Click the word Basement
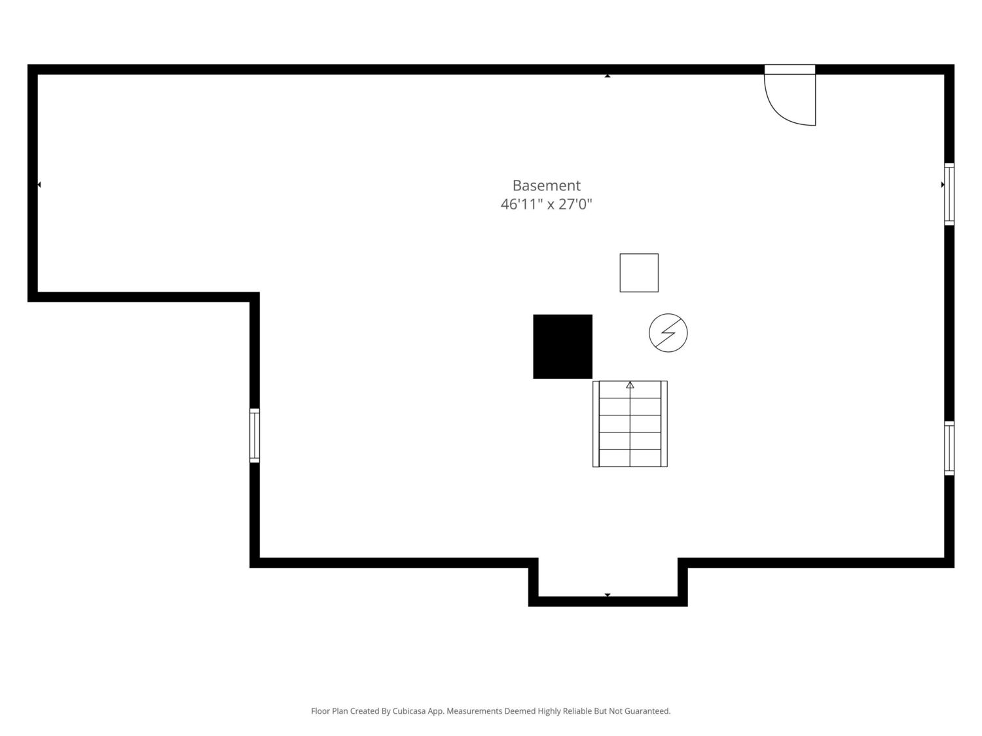[x=546, y=185]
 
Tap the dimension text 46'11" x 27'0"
[x=546, y=204]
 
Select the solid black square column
[x=562, y=346]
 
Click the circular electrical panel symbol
[x=668, y=332]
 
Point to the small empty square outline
[x=639, y=273]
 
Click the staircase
[x=630, y=424]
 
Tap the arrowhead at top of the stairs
[x=630, y=385]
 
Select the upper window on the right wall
[x=949, y=194]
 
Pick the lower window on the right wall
[x=949, y=447]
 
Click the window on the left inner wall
[x=255, y=435]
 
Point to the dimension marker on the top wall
[x=607, y=76]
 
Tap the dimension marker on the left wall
[x=39, y=184]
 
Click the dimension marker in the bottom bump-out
[x=607, y=595]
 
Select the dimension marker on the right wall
[x=943, y=184]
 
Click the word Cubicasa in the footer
[x=409, y=711]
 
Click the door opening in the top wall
[x=790, y=69]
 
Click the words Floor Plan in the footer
[x=329, y=711]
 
